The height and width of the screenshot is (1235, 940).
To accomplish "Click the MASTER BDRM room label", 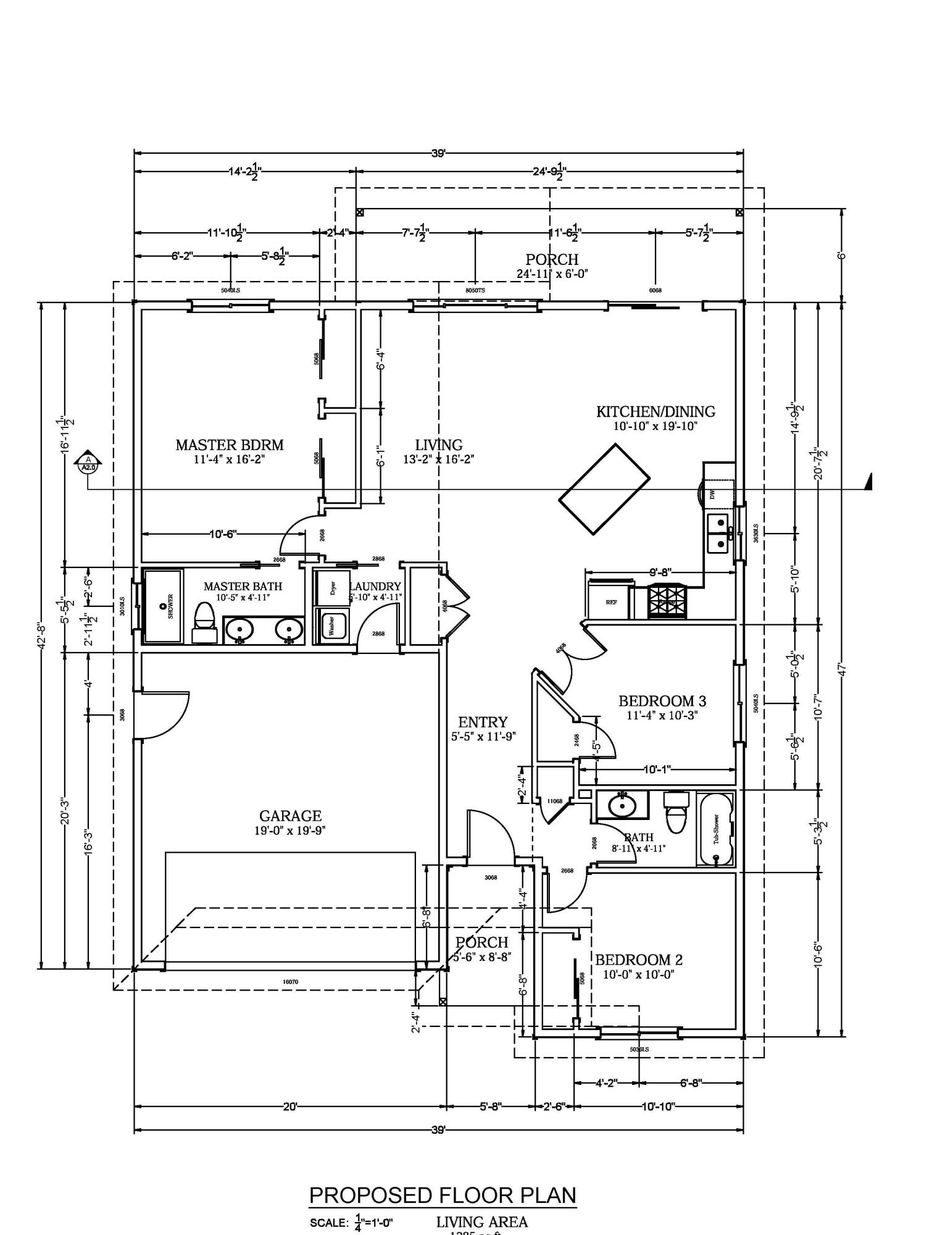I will pyautogui.click(x=229, y=445).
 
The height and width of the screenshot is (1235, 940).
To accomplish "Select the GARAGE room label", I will pyautogui.click(x=290, y=816).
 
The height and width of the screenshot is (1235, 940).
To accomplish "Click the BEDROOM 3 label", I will pyautogui.click(x=662, y=701).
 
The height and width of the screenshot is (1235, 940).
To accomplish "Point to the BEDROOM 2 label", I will pyautogui.click(x=639, y=960).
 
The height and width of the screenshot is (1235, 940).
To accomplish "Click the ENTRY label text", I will pyautogui.click(x=483, y=722).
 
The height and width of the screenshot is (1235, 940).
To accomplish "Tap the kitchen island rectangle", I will pyautogui.click(x=604, y=488).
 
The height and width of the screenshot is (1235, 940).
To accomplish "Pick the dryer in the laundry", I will pyautogui.click(x=332, y=587).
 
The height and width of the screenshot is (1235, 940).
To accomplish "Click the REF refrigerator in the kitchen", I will pyautogui.click(x=610, y=600).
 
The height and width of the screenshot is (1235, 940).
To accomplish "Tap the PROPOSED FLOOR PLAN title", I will pyautogui.click(x=442, y=1195).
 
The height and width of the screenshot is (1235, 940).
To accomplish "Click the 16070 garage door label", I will pyautogui.click(x=290, y=981).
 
